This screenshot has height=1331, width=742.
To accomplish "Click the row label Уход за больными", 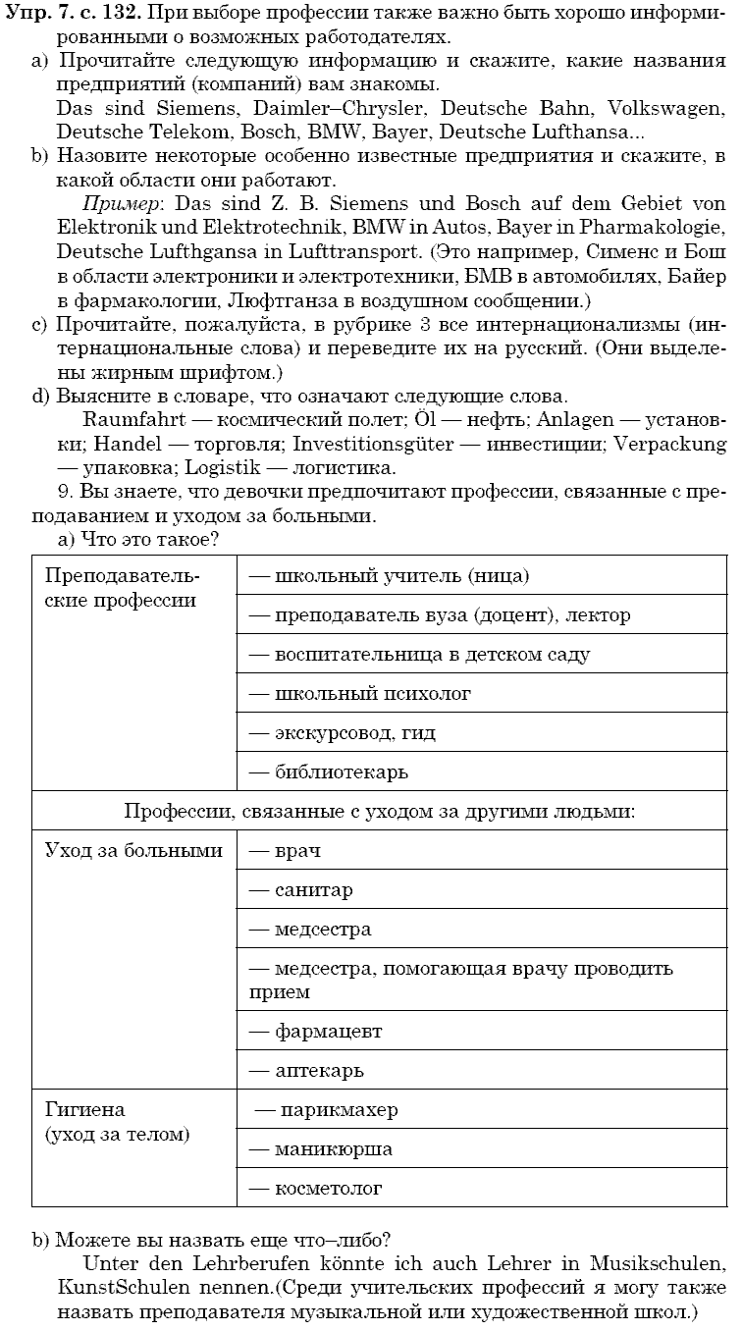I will click(x=134, y=851).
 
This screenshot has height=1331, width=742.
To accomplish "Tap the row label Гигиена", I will click(x=85, y=1110).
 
